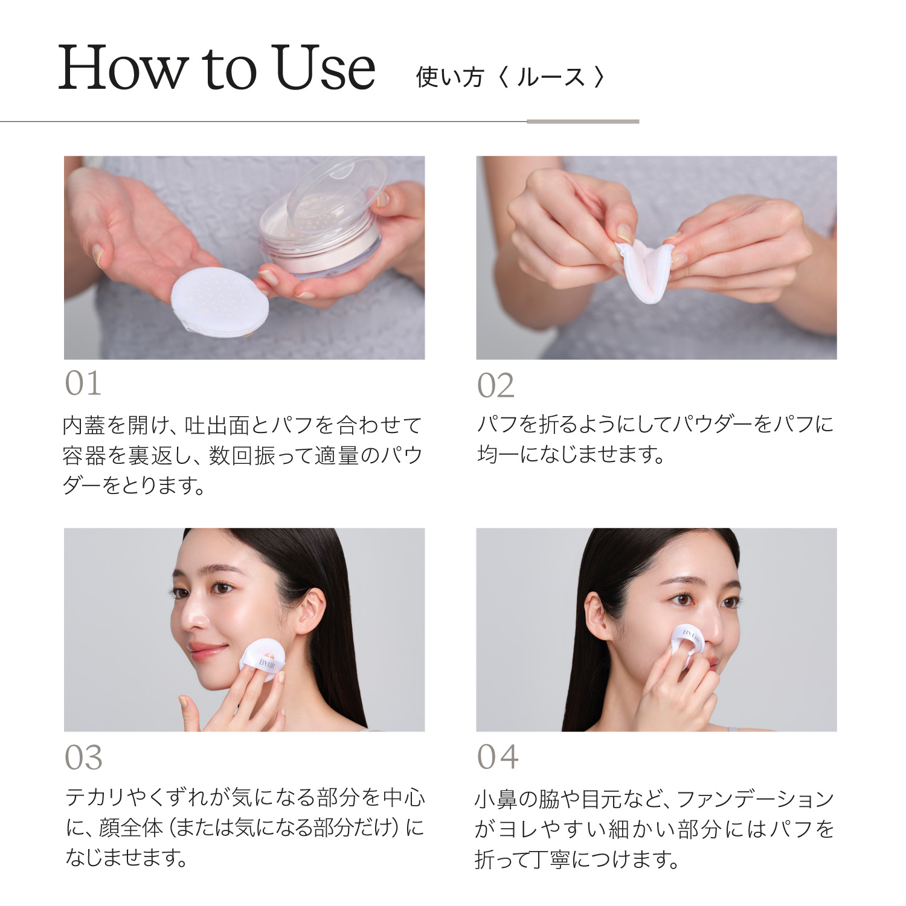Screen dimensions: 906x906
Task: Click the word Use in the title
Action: [x=324, y=68]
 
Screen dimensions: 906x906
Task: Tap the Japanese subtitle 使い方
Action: [x=450, y=77]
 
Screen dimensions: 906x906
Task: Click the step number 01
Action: [x=83, y=384]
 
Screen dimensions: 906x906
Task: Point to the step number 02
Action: [x=495, y=385]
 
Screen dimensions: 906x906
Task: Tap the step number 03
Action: [x=83, y=757]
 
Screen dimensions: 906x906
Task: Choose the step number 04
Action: [x=498, y=757]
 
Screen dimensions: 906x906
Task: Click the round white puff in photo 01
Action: [x=220, y=302]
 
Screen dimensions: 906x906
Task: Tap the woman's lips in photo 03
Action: [x=207, y=651]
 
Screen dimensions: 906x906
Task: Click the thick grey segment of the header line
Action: [x=582, y=121]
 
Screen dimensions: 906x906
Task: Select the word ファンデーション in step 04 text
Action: [x=755, y=799]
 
